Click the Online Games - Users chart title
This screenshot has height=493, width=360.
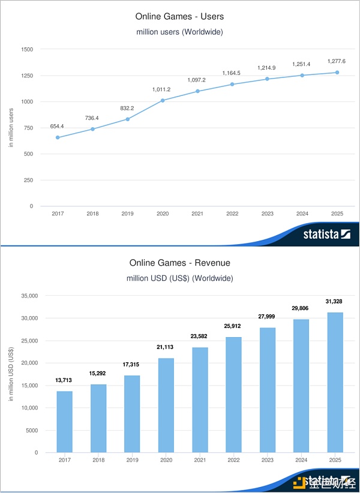click(x=179, y=17)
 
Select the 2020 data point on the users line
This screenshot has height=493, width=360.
click(x=162, y=100)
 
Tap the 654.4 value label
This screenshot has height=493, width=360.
click(x=58, y=127)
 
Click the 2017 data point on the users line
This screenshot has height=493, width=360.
click(x=58, y=137)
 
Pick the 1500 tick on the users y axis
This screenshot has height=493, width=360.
click(x=27, y=49)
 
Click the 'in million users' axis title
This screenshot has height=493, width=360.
click(x=11, y=127)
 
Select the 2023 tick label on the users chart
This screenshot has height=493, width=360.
click(x=267, y=214)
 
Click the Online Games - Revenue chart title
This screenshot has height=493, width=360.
click(x=179, y=263)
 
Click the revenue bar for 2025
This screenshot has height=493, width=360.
click(x=335, y=382)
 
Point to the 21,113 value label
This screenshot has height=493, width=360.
click(x=166, y=347)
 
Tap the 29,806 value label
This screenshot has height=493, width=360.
click(x=301, y=308)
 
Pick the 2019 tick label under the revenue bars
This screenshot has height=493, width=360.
click(x=132, y=460)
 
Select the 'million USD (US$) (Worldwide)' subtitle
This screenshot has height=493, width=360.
click(x=179, y=278)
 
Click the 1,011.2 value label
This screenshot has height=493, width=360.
click(x=162, y=89)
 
